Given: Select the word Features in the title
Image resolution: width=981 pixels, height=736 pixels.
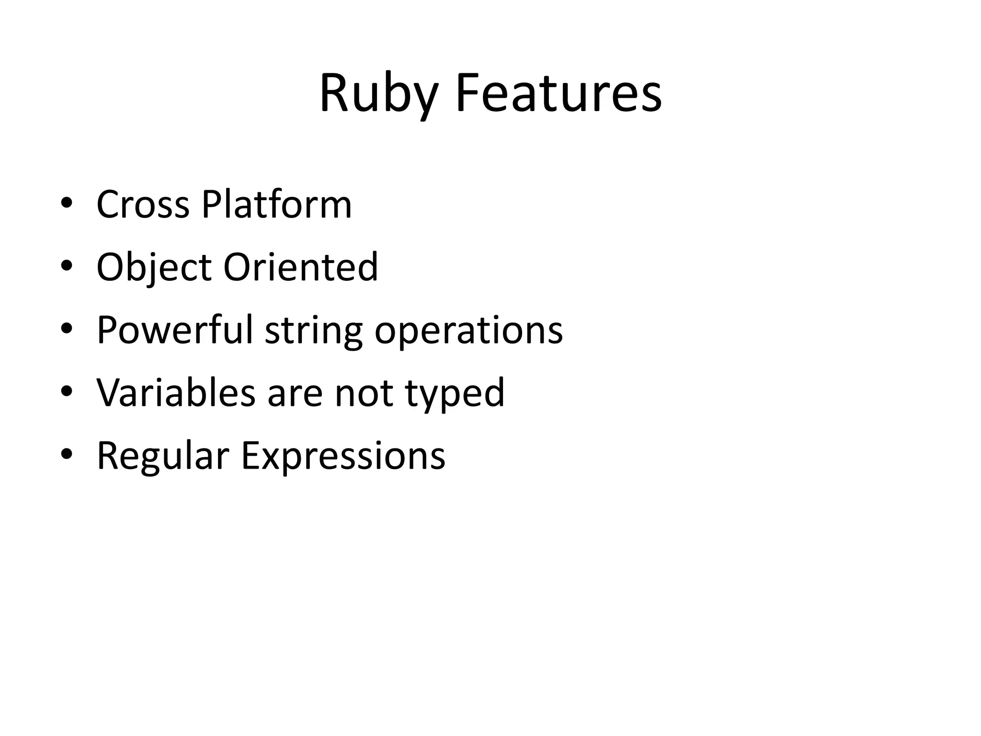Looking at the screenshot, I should pos(559,93).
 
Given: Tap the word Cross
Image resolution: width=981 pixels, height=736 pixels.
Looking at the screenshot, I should pos(143,205).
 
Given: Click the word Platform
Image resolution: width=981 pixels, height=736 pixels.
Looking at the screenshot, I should pos(276,205).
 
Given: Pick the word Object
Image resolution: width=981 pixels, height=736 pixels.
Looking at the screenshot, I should pos(154,267).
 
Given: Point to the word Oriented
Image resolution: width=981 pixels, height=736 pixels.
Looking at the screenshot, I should pos(300,267).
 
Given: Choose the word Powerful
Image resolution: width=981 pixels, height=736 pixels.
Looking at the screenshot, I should pos(174,330).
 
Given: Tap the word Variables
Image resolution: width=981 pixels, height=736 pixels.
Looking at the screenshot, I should pos(176,393).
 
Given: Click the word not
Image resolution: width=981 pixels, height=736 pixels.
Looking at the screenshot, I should pos(364,393).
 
